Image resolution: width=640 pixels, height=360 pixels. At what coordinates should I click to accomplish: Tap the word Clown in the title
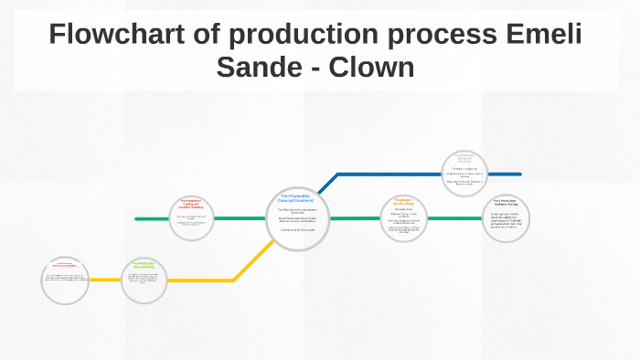pos(375,67)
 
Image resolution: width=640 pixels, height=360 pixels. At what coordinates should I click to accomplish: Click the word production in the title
pos(293,35)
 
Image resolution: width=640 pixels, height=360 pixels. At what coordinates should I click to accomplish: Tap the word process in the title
pos(443,35)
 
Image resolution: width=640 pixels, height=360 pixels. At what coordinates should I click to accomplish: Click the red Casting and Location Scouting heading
pos(191,204)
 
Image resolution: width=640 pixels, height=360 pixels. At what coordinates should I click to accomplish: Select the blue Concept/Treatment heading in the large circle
pos(297,198)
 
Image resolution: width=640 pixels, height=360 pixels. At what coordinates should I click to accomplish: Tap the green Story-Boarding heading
pos(144,266)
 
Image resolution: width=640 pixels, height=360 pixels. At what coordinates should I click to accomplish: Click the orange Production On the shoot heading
pos(404,201)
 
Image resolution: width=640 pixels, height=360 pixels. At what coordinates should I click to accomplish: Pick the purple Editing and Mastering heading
pos(464,158)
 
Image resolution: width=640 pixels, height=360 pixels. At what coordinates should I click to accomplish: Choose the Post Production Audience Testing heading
pos(507,203)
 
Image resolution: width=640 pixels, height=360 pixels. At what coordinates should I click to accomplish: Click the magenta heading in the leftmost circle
pos(64,265)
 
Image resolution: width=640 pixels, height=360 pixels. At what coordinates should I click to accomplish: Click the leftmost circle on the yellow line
pos(64,281)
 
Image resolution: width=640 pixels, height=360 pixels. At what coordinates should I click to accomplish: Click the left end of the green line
pos(137,219)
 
